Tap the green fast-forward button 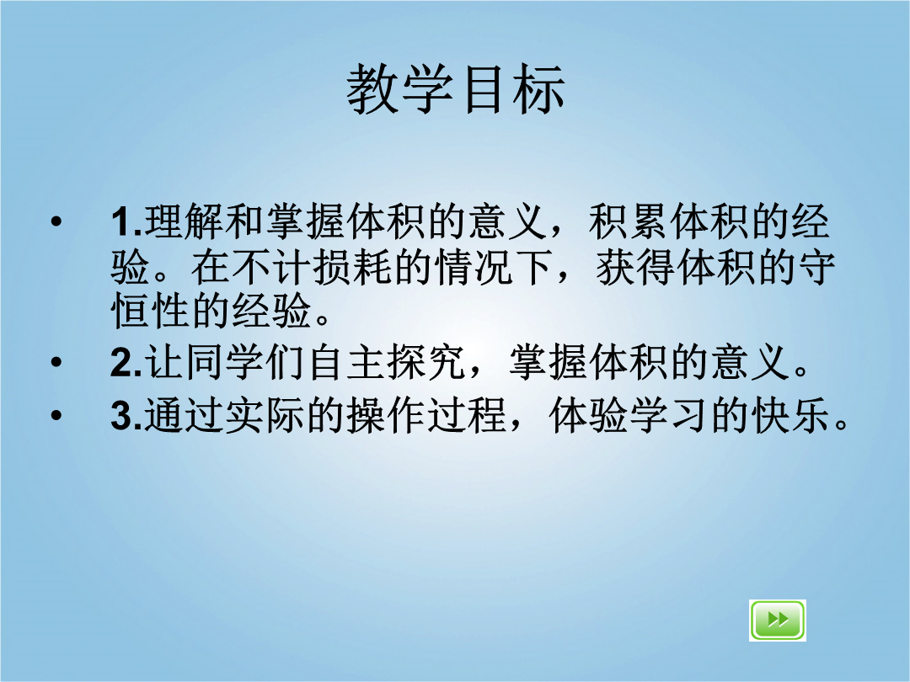777,620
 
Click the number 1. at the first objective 126,221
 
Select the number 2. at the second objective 126,362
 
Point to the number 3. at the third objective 126,415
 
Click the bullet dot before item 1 56,221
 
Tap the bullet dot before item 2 56,362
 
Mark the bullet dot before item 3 56,415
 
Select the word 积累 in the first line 629,221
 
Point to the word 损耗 353,267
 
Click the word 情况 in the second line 474,267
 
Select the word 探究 426,362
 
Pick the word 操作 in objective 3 387,415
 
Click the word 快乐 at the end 790,415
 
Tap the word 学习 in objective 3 669,415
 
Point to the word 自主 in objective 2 345,362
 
